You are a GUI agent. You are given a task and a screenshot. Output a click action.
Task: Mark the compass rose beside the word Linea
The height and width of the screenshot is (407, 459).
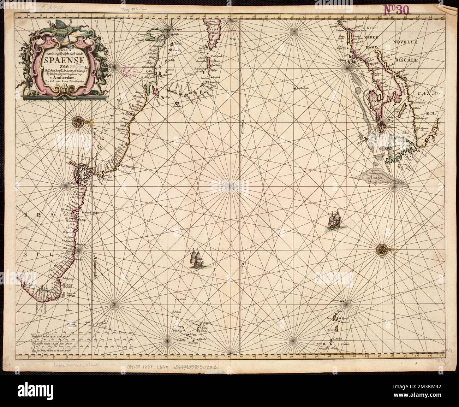tap(78, 122)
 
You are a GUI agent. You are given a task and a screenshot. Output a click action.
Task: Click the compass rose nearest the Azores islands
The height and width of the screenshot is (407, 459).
tap(383, 250)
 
